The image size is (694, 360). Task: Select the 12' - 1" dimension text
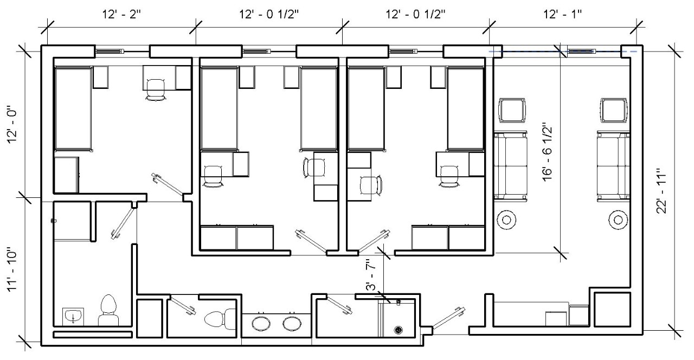point(563,13)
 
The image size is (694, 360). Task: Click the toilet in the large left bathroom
point(109,310)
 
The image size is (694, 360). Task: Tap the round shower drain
point(400,329)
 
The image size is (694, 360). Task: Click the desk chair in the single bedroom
point(156,88)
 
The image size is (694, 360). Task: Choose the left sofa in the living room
point(510,166)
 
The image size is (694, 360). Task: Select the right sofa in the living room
point(614,166)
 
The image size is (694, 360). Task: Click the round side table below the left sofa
point(507,220)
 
